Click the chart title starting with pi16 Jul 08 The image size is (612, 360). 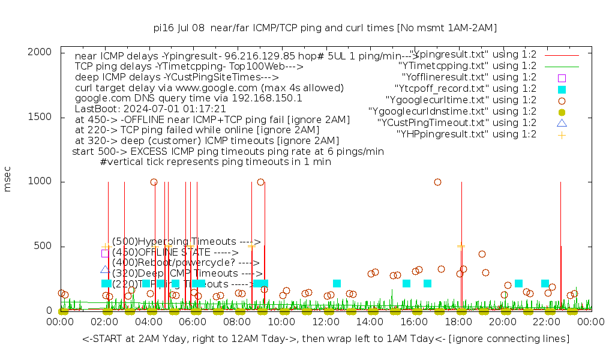point(325,28)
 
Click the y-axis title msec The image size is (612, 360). point(8,181)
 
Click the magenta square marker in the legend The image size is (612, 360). point(562,78)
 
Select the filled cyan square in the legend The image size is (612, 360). point(562,89)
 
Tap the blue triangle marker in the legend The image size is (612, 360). point(562,124)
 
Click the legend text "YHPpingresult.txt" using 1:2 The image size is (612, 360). point(466,134)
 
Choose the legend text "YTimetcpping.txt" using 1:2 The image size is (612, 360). point(467,66)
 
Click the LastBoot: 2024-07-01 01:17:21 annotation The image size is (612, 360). point(151,109)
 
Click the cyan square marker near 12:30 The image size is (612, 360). point(337,283)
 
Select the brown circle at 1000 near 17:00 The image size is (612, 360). point(437,182)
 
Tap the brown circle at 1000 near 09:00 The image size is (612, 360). point(260,182)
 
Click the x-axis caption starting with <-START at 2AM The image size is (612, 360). point(326,339)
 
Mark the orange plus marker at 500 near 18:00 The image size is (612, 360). point(461,245)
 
